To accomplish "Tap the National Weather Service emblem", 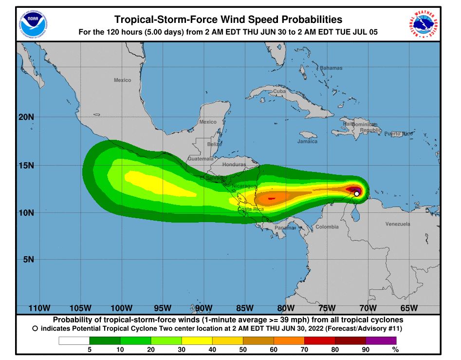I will (424, 23).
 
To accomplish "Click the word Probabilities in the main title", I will (299, 19).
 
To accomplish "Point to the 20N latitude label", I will (27, 117).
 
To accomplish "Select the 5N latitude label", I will (29, 260).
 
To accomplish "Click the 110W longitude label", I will (39, 308).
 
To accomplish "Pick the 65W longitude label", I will (409, 308).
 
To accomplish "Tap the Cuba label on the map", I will (279, 91).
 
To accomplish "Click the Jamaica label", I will (307, 141).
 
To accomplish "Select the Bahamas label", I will (331, 68).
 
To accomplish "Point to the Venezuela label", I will (398, 224).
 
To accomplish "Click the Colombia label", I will (327, 227).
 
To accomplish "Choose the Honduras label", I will (234, 165).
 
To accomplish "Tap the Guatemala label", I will (201, 159).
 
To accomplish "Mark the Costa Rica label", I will (251, 209).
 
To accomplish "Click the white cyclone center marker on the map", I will (357, 194).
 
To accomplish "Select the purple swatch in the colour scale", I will (381, 341).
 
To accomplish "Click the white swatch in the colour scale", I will (74, 341).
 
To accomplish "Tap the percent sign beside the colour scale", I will (396, 349).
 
